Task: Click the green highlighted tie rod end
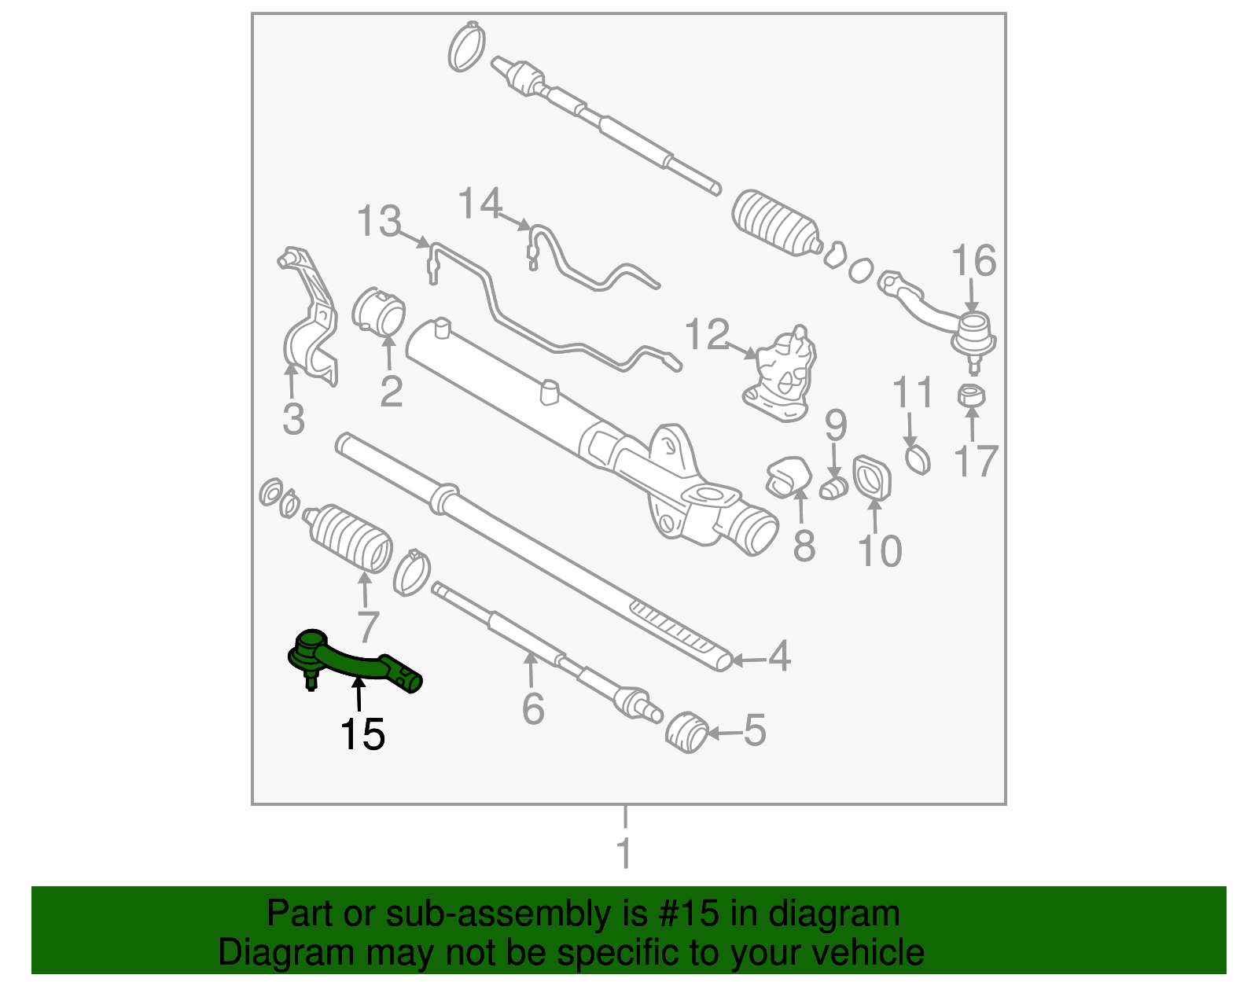[354, 663]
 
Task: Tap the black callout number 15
[362, 735]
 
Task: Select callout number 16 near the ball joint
[973, 261]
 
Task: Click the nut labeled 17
[972, 395]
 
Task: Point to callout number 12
[707, 335]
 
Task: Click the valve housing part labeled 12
[781, 375]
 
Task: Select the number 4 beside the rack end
[778, 656]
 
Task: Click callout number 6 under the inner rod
[533, 709]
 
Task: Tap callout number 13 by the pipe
[379, 222]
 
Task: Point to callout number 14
[480, 204]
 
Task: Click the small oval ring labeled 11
[917, 459]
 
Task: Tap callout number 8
[804, 546]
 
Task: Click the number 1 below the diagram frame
[624, 854]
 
